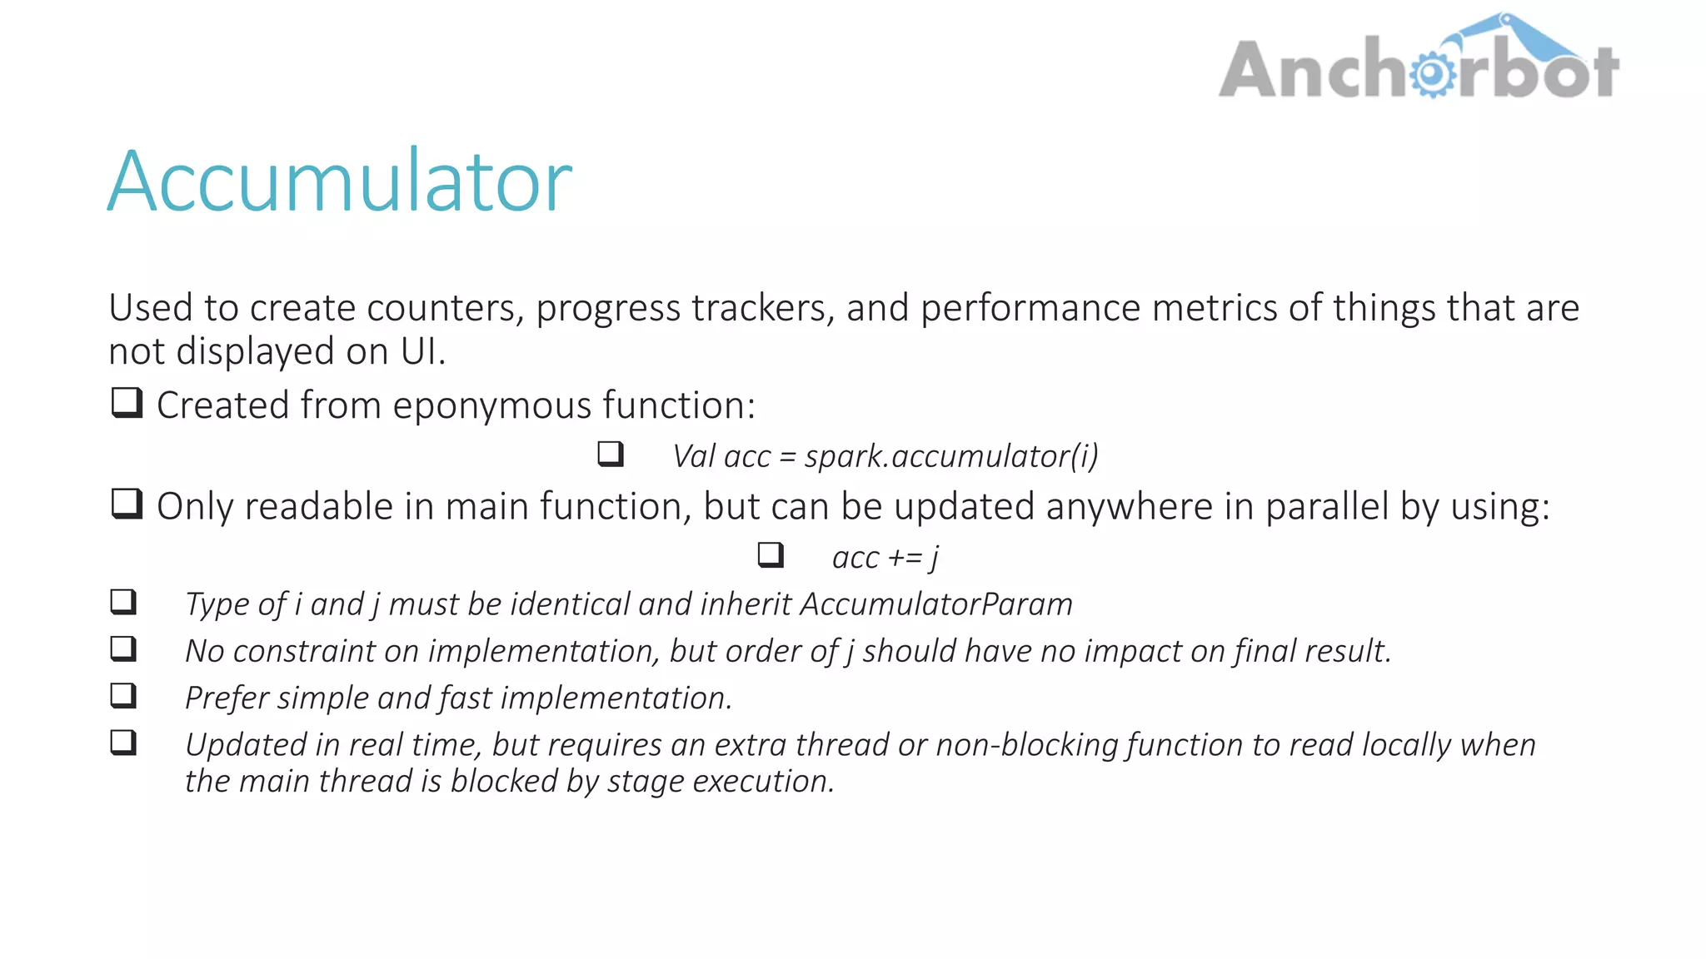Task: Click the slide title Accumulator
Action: pyautogui.click(x=340, y=181)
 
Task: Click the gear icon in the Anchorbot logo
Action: pyautogui.click(x=1432, y=74)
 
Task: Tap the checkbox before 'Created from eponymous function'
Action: pyautogui.click(x=127, y=404)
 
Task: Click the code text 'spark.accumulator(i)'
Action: pyautogui.click(x=950, y=456)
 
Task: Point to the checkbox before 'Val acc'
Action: pyautogui.click(x=611, y=455)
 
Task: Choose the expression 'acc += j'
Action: pyautogui.click(x=885, y=557)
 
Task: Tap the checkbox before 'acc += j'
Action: pyautogui.click(x=771, y=555)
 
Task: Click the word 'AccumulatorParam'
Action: pyautogui.click(x=935, y=604)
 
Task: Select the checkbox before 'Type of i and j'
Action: pyautogui.click(x=123, y=602)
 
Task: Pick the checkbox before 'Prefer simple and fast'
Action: pyautogui.click(x=123, y=696)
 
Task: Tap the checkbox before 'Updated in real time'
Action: pyautogui.click(x=123, y=743)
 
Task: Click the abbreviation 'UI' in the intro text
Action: pyautogui.click(x=419, y=351)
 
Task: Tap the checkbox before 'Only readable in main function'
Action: pyautogui.click(x=127, y=504)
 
